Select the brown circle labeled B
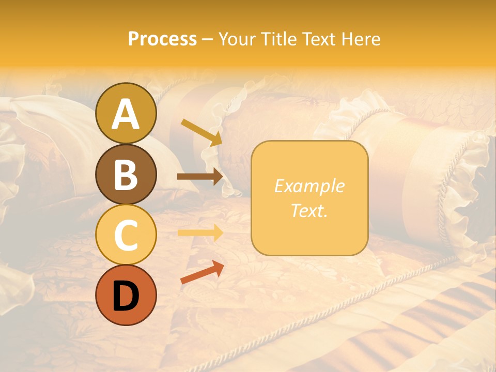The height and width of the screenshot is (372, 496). [x=126, y=175]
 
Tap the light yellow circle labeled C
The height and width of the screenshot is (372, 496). [x=126, y=235]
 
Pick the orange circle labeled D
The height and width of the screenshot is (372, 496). [x=126, y=295]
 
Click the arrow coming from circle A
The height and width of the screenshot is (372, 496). [x=202, y=132]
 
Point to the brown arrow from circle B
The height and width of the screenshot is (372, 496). [x=200, y=177]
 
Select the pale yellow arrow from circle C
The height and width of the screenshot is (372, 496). [x=200, y=233]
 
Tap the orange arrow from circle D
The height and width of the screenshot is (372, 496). [x=202, y=273]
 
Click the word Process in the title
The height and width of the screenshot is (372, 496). [x=162, y=39]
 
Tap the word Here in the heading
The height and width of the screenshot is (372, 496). [x=360, y=39]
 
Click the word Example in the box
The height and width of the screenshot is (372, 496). [x=309, y=186]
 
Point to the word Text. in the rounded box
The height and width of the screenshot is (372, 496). [x=309, y=210]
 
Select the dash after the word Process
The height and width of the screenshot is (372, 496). [x=208, y=40]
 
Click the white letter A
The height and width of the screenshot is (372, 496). [x=126, y=114]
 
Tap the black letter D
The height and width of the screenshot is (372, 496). [x=126, y=296]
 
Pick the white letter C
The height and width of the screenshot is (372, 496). [x=126, y=236]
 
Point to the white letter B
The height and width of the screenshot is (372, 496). [x=126, y=175]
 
